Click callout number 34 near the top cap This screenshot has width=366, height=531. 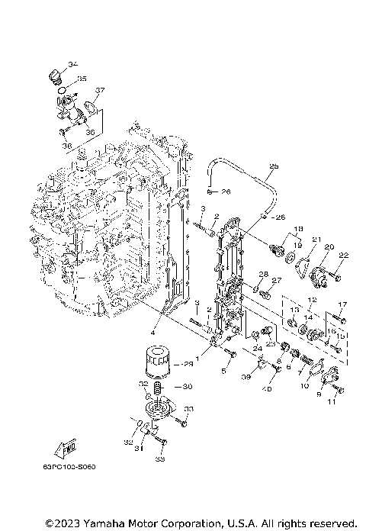click(x=72, y=63)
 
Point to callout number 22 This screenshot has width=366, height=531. click(x=343, y=255)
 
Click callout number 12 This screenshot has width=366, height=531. click(x=311, y=300)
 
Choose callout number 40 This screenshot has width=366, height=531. click(x=268, y=389)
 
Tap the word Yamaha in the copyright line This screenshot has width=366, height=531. click(x=111, y=523)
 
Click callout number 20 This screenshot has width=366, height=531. click(x=329, y=247)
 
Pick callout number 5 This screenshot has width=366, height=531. click(x=225, y=372)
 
